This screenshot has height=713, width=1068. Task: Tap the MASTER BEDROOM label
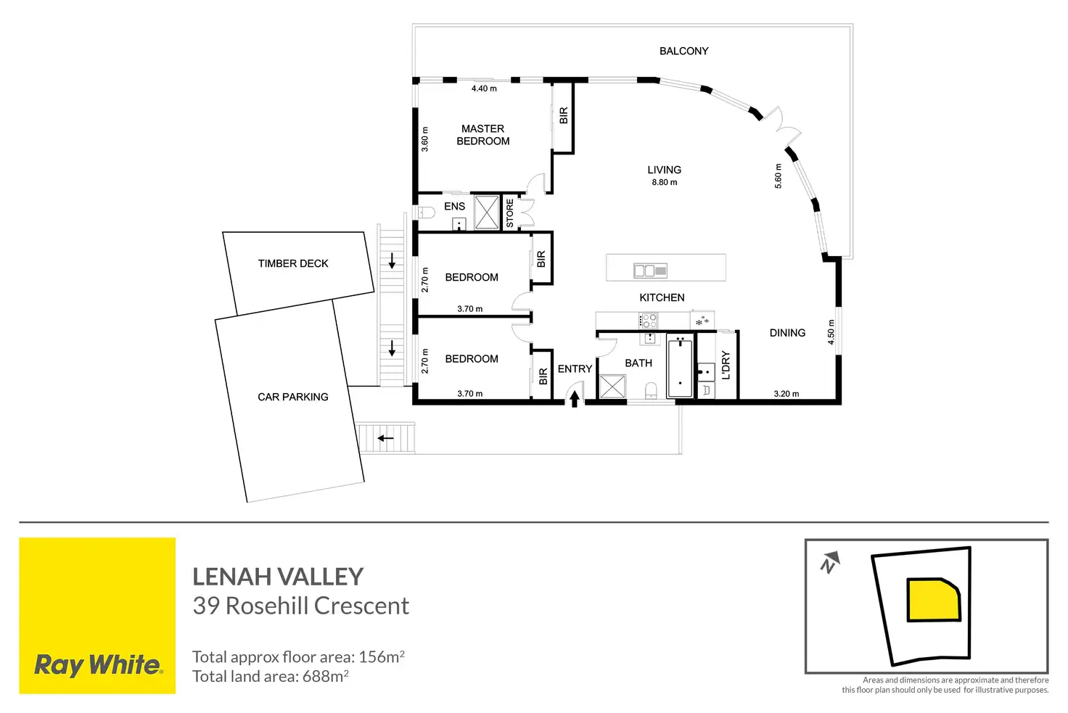[x=482, y=135]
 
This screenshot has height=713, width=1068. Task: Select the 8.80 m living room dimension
[x=664, y=183]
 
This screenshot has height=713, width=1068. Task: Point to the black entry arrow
[x=574, y=399]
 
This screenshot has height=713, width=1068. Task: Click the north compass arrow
[x=830, y=561]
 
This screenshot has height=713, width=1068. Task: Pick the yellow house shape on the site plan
[x=934, y=600]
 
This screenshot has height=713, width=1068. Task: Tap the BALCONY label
[x=683, y=51]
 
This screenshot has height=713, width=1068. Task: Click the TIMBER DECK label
[x=293, y=264]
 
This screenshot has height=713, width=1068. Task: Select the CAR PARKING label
[x=293, y=397]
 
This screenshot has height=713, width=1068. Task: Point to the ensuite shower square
[x=487, y=212]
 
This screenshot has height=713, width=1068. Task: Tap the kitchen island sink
[x=650, y=271]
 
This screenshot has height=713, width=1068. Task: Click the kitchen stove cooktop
[x=649, y=320]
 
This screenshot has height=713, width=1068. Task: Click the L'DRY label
[x=726, y=366]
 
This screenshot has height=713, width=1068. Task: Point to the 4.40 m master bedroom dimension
[x=484, y=89]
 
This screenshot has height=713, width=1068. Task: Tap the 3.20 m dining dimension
[x=786, y=395]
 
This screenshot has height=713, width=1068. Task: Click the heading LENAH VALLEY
[x=278, y=577]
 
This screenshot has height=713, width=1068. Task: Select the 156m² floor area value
[x=382, y=657]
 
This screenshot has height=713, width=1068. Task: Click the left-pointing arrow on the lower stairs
[x=385, y=438]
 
